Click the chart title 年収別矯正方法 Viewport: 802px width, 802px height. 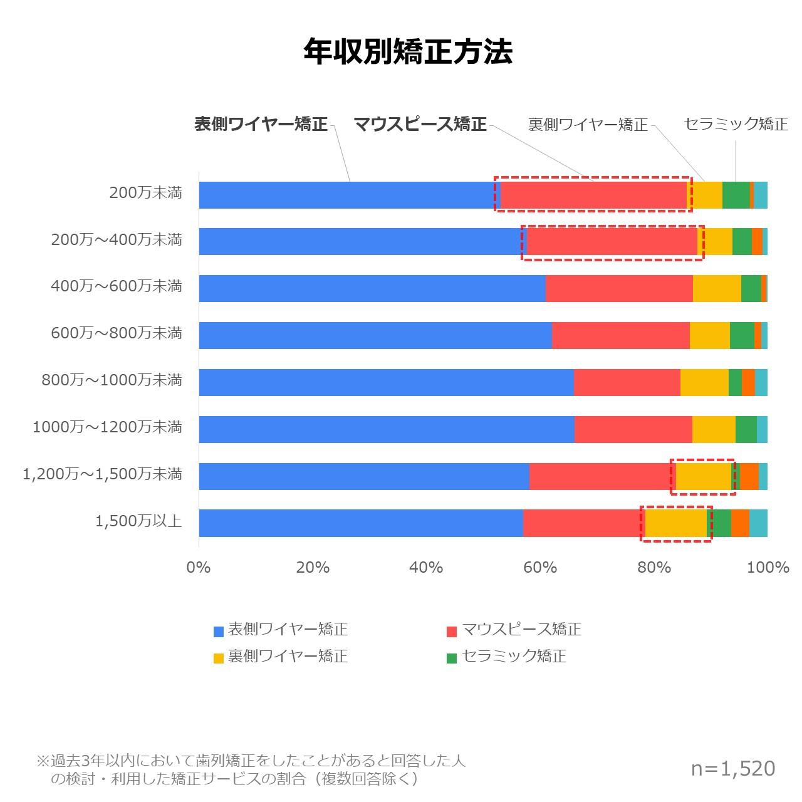click(x=408, y=52)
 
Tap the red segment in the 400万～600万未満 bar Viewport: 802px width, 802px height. click(x=619, y=288)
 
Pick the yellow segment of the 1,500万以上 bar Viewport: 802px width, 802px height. click(x=676, y=523)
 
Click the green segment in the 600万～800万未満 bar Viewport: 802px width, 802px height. click(x=742, y=335)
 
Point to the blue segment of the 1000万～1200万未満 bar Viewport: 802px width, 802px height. click(x=386, y=429)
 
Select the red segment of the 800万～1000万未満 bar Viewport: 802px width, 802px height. click(x=627, y=382)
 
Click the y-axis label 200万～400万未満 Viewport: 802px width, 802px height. click(x=117, y=239)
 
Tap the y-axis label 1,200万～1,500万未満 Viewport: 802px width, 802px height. click(x=102, y=474)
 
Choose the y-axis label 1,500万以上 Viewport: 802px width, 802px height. click(x=138, y=521)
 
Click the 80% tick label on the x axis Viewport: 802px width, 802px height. click(x=654, y=568)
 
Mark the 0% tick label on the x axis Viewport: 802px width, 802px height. click(x=199, y=568)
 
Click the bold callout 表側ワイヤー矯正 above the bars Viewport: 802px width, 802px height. click(x=261, y=124)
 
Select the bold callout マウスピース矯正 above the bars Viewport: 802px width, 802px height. click(x=420, y=124)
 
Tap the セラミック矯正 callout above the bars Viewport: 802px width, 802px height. click(x=736, y=124)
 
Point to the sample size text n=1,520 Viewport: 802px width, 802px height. click(x=733, y=769)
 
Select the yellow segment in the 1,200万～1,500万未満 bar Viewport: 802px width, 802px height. click(x=704, y=476)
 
